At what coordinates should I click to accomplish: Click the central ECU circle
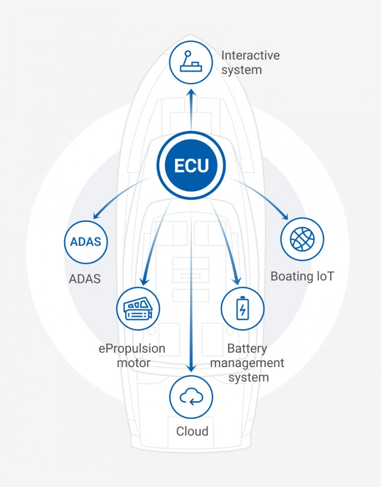[x=191, y=165]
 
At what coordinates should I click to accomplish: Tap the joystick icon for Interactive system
[x=191, y=62]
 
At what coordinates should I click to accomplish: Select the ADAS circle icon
[x=86, y=242]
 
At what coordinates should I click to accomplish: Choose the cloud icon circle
[x=191, y=396]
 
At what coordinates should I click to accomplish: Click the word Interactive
[x=250, y=55]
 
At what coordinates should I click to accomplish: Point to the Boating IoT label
[x=302, y=276]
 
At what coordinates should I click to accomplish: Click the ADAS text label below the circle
[x=84, y=279]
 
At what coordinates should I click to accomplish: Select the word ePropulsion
[x=132, y=348]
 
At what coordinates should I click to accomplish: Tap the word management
[x=247, y=363]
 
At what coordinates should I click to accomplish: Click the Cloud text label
[x=192, y=431]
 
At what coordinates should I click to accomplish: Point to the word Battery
[x=247, y=348]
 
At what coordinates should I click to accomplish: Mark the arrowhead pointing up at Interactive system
[x=191, y=92]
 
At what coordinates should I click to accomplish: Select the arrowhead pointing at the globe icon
[x=285, y=216]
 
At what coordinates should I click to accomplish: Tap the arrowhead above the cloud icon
[x=191, y=368]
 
